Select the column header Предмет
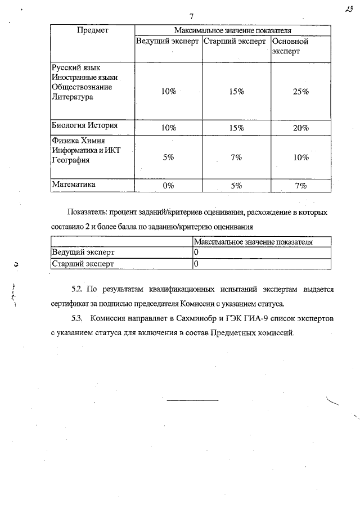(x=92, y=29)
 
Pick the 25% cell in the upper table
(x=301, y=92)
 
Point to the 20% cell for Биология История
(x=301, y=128)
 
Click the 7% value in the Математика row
(x=301, y=185)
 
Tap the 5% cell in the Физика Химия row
(x=168, y=157)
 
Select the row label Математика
(x=74, y=184)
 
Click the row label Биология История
(x=84, y=125)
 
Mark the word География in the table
(x=71, y=160)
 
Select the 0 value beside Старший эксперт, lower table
(x=196, y=263)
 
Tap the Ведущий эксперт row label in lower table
(x=83, y=253)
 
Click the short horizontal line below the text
(x=192, y=400)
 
